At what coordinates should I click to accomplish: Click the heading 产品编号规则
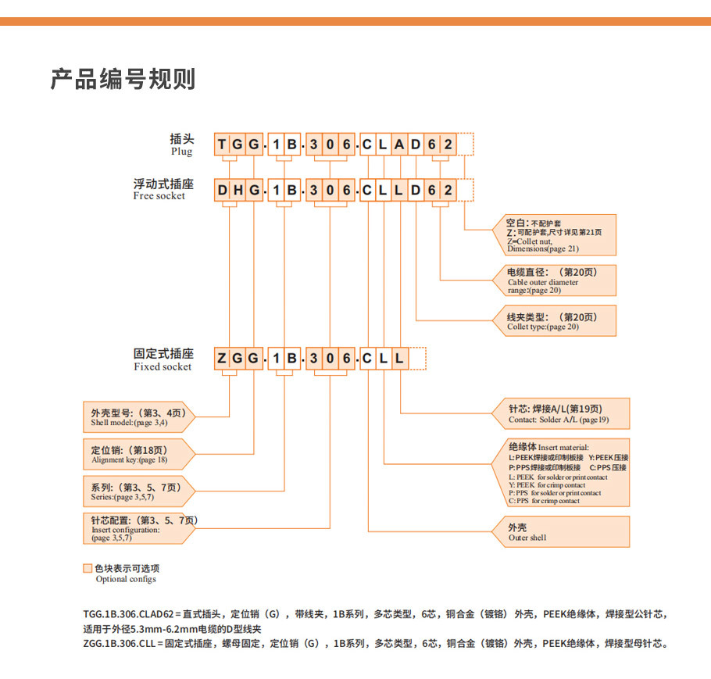[x=123, y=80]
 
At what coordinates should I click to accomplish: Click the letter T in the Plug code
[x=222, y=145]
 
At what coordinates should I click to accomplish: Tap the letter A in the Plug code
[x=399, y=145]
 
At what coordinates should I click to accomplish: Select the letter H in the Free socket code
[x=238, y=190]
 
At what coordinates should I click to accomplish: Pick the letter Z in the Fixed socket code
[x=222, y=359]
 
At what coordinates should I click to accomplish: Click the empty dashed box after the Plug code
[x=466, y=145]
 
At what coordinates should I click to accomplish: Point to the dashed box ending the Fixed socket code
[x=417, y=359]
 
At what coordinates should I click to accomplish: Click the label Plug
[x=181, y=152]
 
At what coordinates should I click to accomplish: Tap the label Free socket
[x=160, y=196]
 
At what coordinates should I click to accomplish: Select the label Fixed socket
[x=163, y=366]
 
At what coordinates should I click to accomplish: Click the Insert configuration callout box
[x=137, y=528]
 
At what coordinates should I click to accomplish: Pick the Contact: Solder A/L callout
[x=558, y=413]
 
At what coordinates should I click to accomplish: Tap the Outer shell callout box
[x=558, y=532]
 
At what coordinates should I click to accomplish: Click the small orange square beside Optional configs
[x=88, y=568]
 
